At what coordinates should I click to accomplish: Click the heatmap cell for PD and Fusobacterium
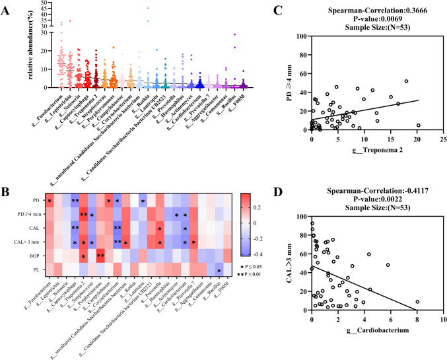pyautogui.click(x=49, y=199)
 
